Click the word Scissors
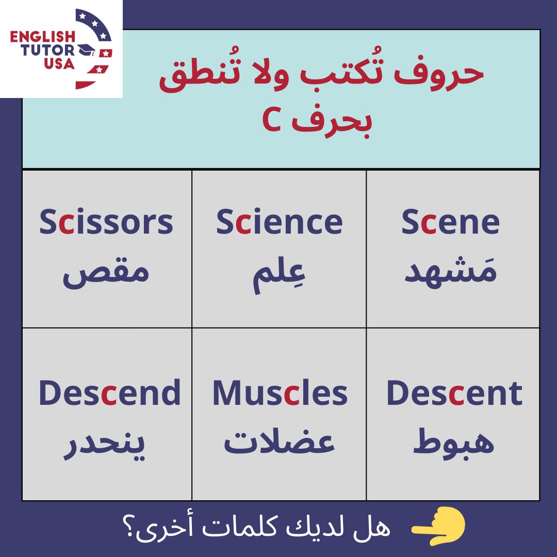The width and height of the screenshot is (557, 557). [x=106, y=222]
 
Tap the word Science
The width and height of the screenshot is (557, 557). [x=279, y=222]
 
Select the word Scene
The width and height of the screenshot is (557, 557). [x=450, y=222]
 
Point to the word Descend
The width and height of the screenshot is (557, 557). [x=109, y=393]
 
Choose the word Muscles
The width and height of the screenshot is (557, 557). [x=280, y=393]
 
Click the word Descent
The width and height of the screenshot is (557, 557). [x=454, y=393]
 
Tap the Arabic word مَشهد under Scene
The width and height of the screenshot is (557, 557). [x=450, y=271]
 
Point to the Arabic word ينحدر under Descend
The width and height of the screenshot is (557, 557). [x=105, y=445]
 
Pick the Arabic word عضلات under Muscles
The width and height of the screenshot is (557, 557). [x=280, y=443]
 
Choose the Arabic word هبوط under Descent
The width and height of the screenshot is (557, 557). [x=454, y=441]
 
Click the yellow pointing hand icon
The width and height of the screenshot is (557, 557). [x=440, y=527]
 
